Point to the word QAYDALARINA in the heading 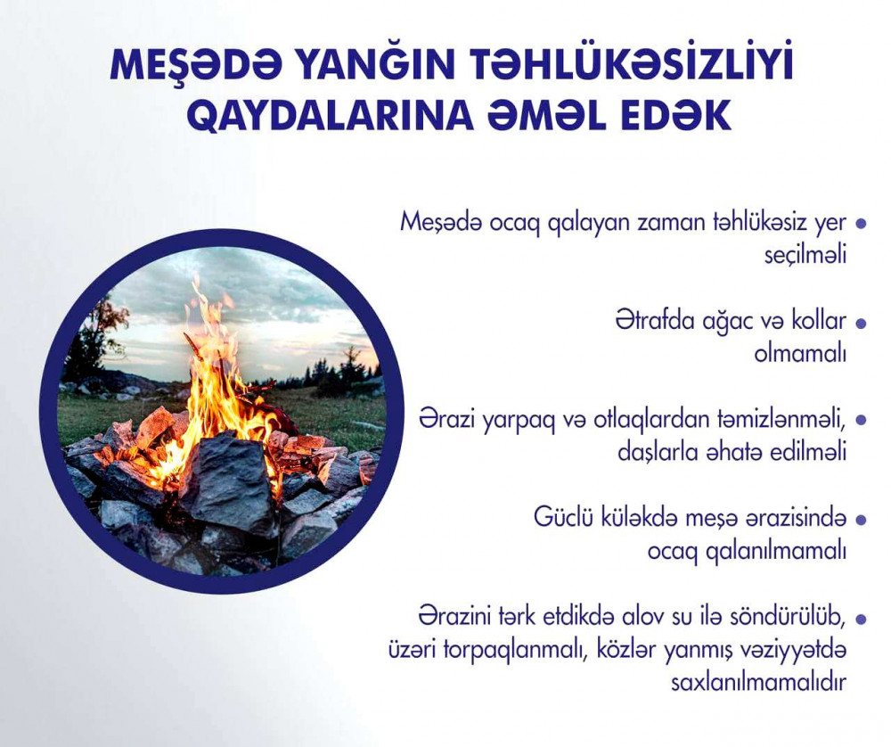pos(330,115)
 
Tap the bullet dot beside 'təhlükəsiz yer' pos(862,224)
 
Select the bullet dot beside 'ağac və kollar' pos(862,323)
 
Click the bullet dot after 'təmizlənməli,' pos(862,421)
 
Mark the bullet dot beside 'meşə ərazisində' pos(862,520)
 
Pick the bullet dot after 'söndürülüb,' pos(862,619)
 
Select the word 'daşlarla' pos(653,453)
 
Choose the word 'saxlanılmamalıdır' pos(759,682)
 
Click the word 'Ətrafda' pos(653,321)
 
